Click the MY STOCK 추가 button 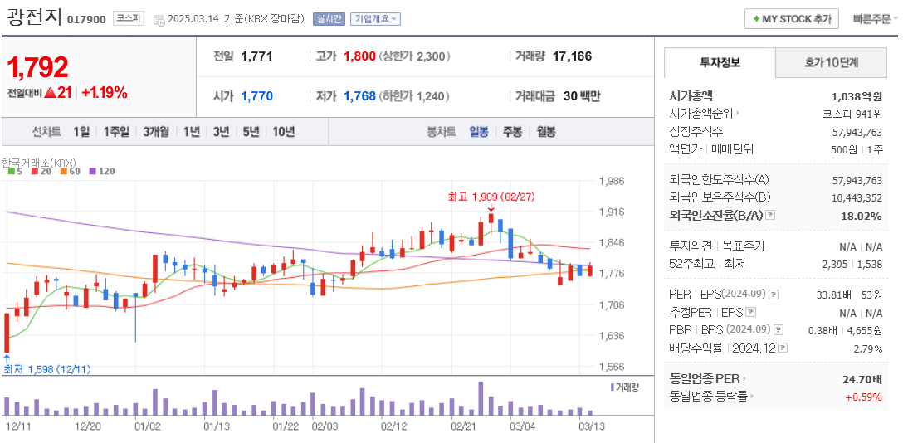tap(792, 18)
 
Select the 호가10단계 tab tap(831, 62)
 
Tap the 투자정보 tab tap(720, 62)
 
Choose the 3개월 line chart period tap(155, 131)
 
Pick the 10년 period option tap(283, 131)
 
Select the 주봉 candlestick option tap(512, 131)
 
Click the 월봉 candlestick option tap(545, 131)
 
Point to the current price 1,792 tap(38, 67)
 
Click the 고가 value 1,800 tap(359, 56)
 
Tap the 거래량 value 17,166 tap(572, 56)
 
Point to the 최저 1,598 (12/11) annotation tap(47, 369)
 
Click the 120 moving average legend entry tap(102, 172)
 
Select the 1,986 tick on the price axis tap(611, 181)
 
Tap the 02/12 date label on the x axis tap(393, 426)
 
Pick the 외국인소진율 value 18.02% tap(862, 216)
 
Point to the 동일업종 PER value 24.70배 tap(862, 378)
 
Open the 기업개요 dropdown tap(375, 18)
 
